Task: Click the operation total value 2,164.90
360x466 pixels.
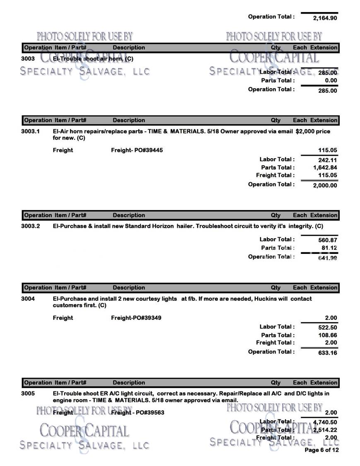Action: click(x=325, y=18)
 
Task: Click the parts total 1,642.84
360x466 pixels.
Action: click(x=325, y=168)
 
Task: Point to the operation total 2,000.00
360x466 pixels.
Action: click(x=325, y=185)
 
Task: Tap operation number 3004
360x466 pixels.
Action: click(x=28, y=299)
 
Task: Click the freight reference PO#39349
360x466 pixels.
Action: click(x=147, y=318)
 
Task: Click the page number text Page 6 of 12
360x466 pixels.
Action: click(x=321, y=450)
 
